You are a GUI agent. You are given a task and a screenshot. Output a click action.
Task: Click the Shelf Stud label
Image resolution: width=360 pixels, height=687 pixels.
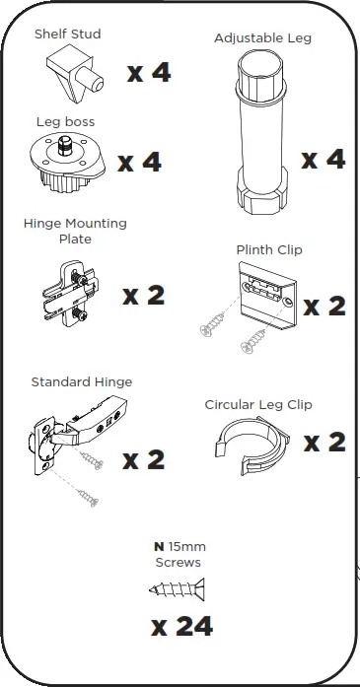tap(67, 34)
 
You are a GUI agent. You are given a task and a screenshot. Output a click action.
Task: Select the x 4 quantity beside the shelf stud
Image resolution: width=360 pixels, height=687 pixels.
tap(149, 72)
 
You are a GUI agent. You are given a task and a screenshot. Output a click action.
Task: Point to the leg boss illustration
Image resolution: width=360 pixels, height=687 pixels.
tap(67, 163)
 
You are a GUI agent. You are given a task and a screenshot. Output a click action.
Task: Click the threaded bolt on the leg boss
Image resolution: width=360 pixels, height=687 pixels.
tap(65, 146)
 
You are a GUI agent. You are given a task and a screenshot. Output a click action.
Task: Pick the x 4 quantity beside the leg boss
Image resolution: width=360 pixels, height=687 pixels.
tap(139, 162)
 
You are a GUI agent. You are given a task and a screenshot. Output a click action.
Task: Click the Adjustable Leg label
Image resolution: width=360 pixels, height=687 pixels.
tap(262, 38)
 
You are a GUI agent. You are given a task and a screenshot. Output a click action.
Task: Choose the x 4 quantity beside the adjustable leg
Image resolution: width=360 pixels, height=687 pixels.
tap(324, 159)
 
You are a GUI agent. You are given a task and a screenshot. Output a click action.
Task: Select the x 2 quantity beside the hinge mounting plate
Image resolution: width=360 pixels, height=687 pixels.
tap(143, 296)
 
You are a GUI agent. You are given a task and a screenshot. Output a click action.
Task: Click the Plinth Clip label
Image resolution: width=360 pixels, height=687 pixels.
tap(269, 249)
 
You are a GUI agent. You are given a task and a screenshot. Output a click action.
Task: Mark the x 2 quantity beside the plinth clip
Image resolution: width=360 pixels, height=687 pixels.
tap(324, 307)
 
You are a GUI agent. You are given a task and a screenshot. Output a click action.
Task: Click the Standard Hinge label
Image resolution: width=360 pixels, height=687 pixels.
tap(82, 382)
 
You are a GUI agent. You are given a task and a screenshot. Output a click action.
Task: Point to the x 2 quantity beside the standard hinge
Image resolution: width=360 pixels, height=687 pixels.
tap(143, 460)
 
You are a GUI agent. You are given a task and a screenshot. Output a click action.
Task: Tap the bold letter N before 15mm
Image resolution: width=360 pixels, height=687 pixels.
tap(159, 547)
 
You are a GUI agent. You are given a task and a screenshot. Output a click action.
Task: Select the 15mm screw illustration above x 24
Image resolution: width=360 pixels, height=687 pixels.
tap(177, 589)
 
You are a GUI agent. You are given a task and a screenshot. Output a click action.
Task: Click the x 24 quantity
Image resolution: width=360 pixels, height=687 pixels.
tap(182, 627)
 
